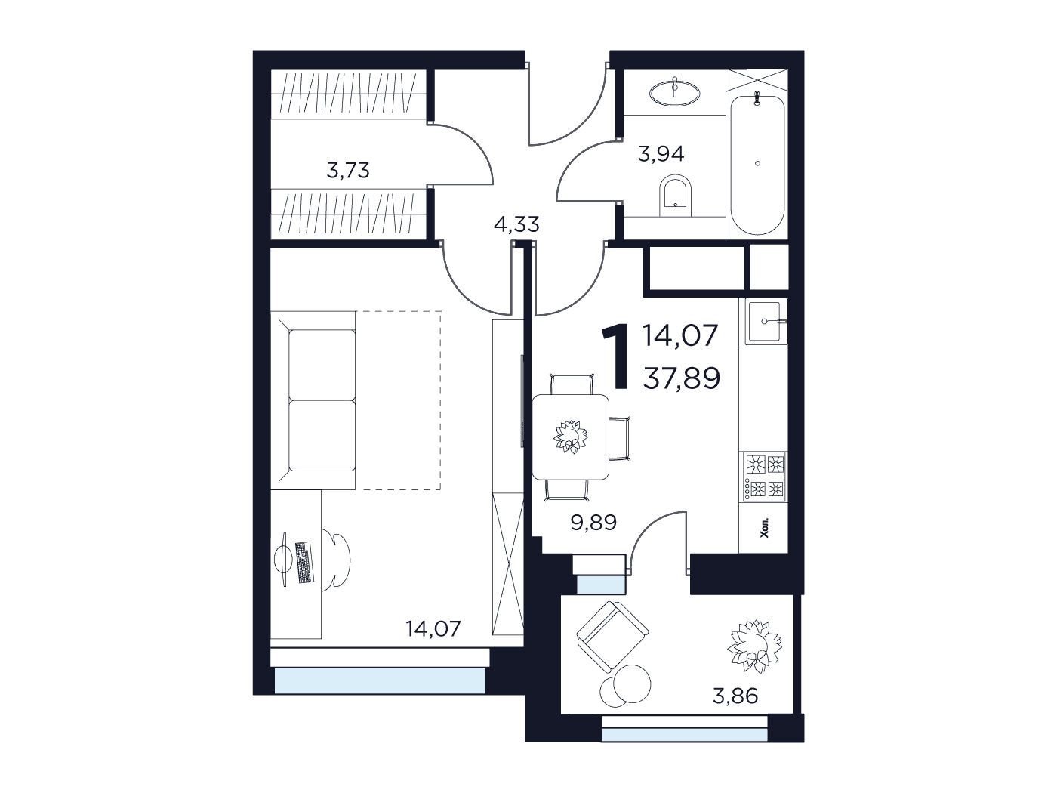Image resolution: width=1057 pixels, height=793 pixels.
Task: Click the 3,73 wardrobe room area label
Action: [x=348, y=171]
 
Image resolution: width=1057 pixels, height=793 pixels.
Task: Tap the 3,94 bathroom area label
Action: [x=661, y=154]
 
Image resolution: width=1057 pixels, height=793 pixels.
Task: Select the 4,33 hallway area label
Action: [x=516, y=224]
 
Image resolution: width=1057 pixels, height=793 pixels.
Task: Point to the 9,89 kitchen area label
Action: [x=593, y=523]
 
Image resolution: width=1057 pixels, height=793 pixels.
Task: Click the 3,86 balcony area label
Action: [x=735, y=696]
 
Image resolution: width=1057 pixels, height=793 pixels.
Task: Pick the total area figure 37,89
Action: [x=682, y=378]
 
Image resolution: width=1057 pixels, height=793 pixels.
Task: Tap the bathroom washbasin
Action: [x=675, y=92]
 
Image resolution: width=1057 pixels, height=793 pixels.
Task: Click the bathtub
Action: [x=757, y=164]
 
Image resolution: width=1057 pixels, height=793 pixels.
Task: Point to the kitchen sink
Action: [x=766, y=321]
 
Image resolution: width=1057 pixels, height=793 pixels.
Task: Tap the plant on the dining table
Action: [x=571, y=437]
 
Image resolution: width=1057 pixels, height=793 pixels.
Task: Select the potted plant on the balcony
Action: [x=754, y=646]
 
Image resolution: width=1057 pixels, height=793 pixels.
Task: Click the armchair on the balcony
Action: [x=612, y=636]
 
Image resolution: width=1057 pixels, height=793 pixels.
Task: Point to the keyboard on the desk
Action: [x=304, y=562]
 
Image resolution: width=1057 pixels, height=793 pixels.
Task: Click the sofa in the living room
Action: [x=313, y=400]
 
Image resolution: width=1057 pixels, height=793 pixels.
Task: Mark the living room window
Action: [x=380, y=680]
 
